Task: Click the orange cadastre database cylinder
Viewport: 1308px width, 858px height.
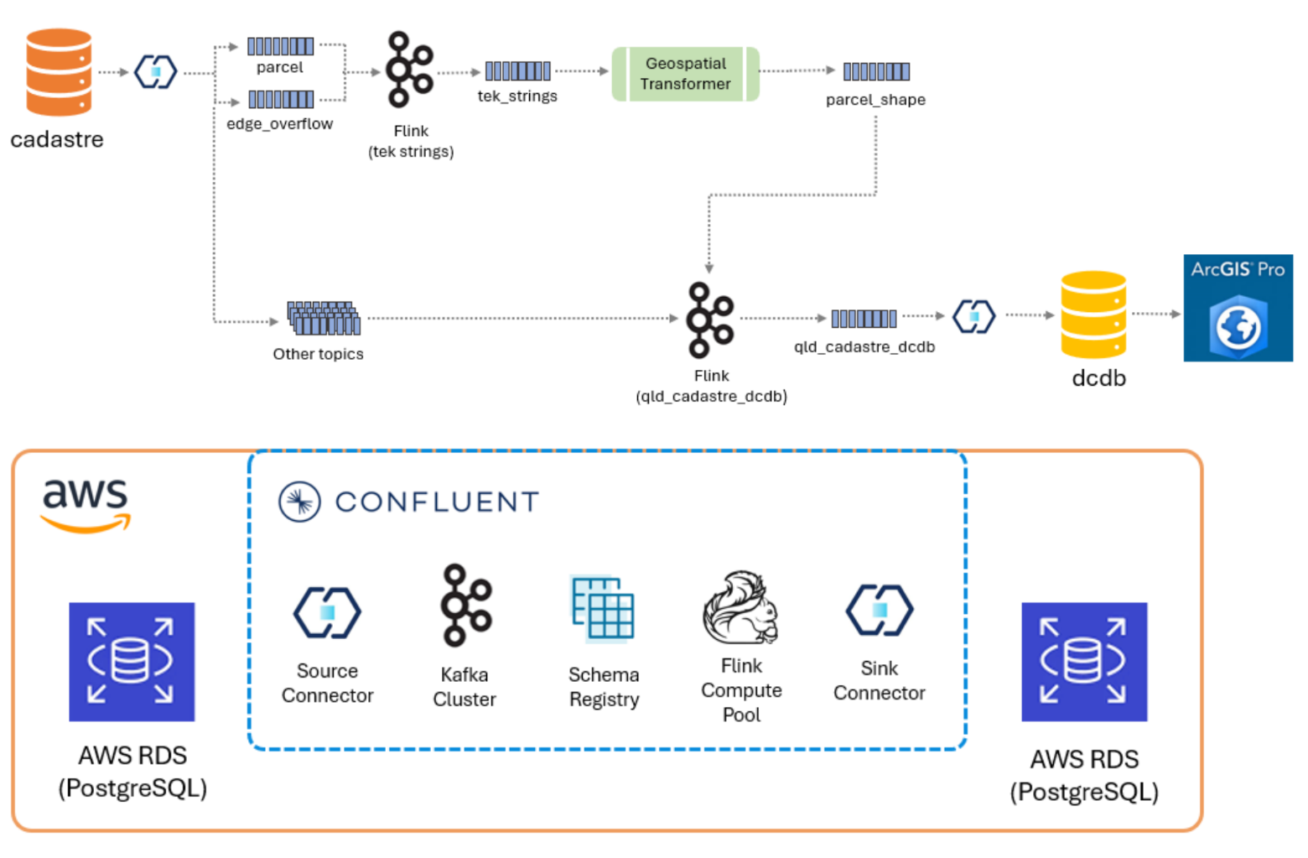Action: pos(59,72)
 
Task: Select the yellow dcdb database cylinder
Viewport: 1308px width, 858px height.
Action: pos(1093,315)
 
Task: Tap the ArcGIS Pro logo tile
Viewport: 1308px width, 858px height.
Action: pos(1238,308)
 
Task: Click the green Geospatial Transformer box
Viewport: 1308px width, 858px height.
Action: pos(685,74)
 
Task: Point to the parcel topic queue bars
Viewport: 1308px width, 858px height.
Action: pos(280,46)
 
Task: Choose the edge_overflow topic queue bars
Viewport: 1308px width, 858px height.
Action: pos(281,100)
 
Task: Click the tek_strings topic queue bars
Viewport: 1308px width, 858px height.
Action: pos(517,71)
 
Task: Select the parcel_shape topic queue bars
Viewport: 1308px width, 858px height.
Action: pos(876,71)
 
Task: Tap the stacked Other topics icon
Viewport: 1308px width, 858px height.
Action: pos(324,318)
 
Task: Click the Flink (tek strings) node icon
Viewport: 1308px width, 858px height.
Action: pos(408,70)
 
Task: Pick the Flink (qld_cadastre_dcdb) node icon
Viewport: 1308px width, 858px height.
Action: pos(709,320)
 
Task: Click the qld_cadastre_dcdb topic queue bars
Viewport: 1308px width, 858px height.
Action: pos(864,319)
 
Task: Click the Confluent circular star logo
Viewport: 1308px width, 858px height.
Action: pos(299,502)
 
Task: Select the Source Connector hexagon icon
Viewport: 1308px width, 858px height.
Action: pos(327,612)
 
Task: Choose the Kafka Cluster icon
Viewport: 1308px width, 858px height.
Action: pos(465,605)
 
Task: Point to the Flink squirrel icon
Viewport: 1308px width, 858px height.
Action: pos(740,608)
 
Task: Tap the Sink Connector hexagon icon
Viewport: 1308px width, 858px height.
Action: pos(879,610)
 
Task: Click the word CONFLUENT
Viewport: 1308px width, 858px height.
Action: pos(437,502)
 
